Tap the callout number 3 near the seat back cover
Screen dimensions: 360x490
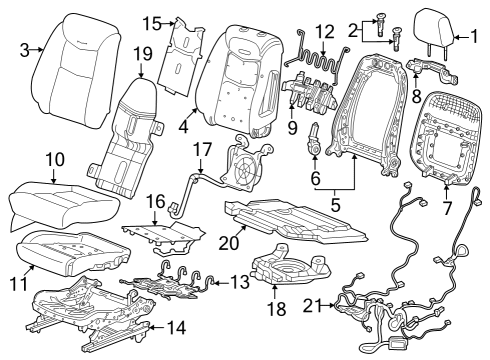point(25,48)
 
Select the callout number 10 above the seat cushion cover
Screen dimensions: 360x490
point(54,160)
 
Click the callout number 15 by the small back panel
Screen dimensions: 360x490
point(151,22)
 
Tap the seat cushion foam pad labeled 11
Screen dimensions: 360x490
point(60,252)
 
